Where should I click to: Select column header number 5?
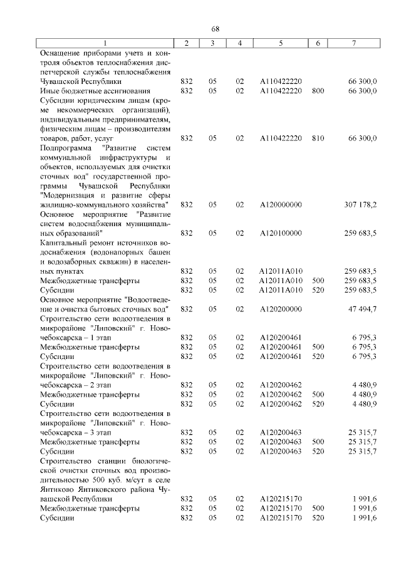tap(281, 43)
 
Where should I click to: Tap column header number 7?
tap(355, 43)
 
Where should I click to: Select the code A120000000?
tap(281, 205)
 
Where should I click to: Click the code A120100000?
tap(281, 233)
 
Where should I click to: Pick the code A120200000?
tap(281, 309)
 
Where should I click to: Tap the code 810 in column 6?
tap(318, 138)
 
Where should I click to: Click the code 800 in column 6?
tap(318, 91)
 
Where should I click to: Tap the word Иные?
tap(49, 91)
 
